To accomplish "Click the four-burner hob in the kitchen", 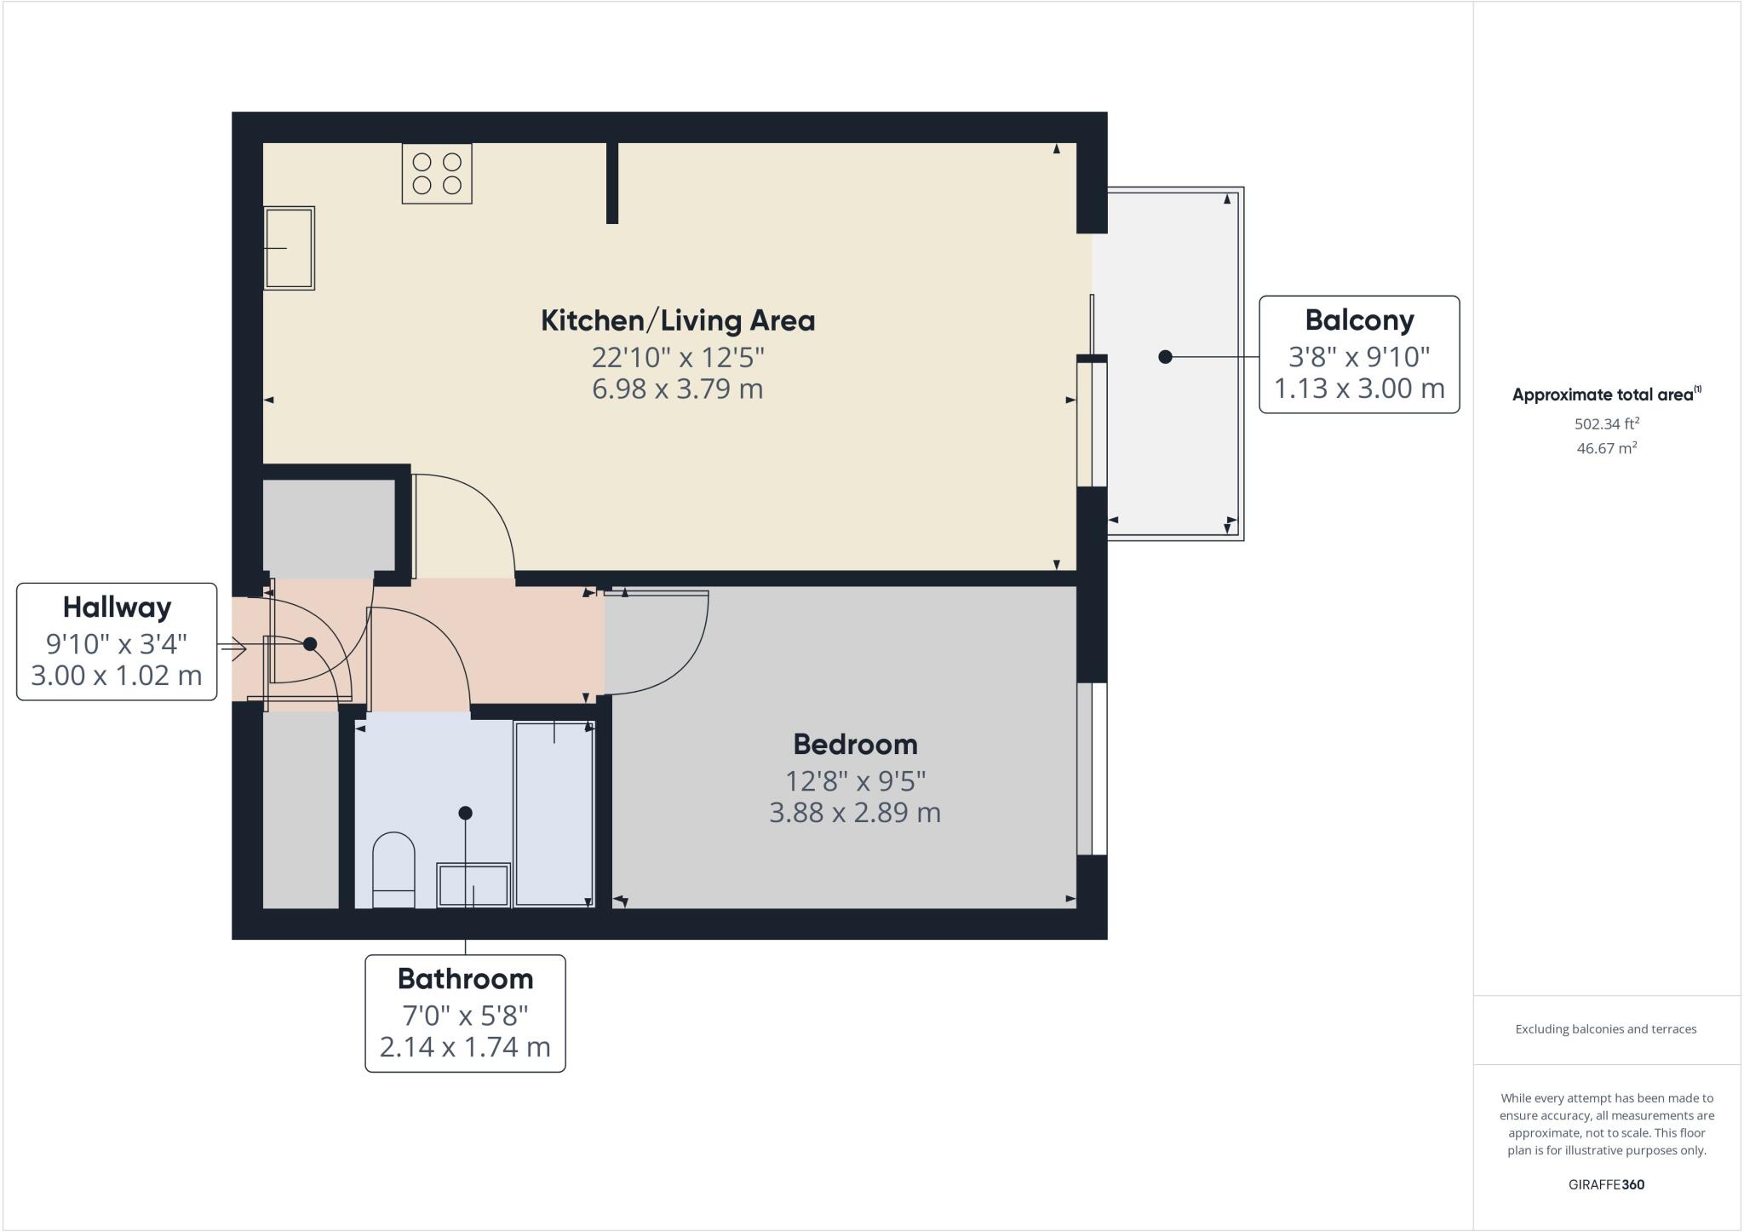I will coord(437,174).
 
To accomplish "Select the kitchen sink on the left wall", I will coord(290,248).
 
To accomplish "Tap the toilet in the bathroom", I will coord(393,870).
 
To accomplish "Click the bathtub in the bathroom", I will coord(554,814).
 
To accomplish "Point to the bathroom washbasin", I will coord(473,885).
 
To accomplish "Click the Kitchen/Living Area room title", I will coord(678,321).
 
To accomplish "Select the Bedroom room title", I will coord(855,745).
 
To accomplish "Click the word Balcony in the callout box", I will coord(1359,320).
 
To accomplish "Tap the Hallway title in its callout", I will coord(117,607).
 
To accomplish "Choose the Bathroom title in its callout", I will coord(465,979).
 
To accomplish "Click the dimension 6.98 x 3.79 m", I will coord(678,389).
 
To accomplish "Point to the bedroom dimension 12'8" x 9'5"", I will coord(855,780).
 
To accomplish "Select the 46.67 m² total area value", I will coord(1606,448).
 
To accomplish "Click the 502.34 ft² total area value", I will coord(1606,423).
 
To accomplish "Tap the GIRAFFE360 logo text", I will coord(1606,1184).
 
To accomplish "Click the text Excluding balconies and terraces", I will coord(1606,1029).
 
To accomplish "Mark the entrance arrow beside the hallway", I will coord(234,650).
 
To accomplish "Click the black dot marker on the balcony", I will coord(1165,357).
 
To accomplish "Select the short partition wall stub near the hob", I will coord(611,182).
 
